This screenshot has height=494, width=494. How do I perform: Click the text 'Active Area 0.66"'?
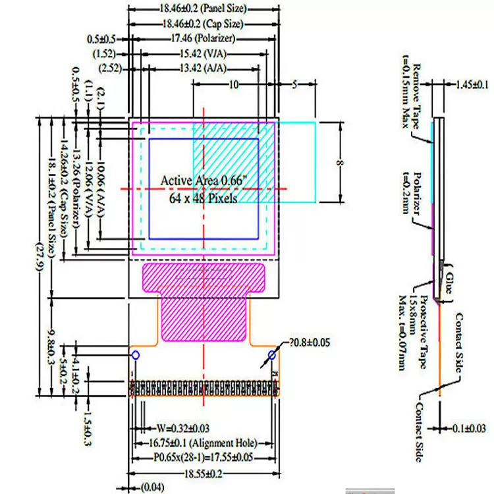(x=201, y=180)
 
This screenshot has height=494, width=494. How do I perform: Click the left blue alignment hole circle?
(x=136, y=356)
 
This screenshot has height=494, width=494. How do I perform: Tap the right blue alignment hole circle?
(x=271, y=356)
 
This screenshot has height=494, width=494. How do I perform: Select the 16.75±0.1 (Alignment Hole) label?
(x=202, y=443)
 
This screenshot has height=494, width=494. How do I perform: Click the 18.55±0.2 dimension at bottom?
(x=202, y=473)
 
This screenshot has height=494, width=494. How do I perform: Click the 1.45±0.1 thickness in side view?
(x=472, y=84)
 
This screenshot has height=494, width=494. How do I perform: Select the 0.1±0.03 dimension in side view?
(x=469, y=428)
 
